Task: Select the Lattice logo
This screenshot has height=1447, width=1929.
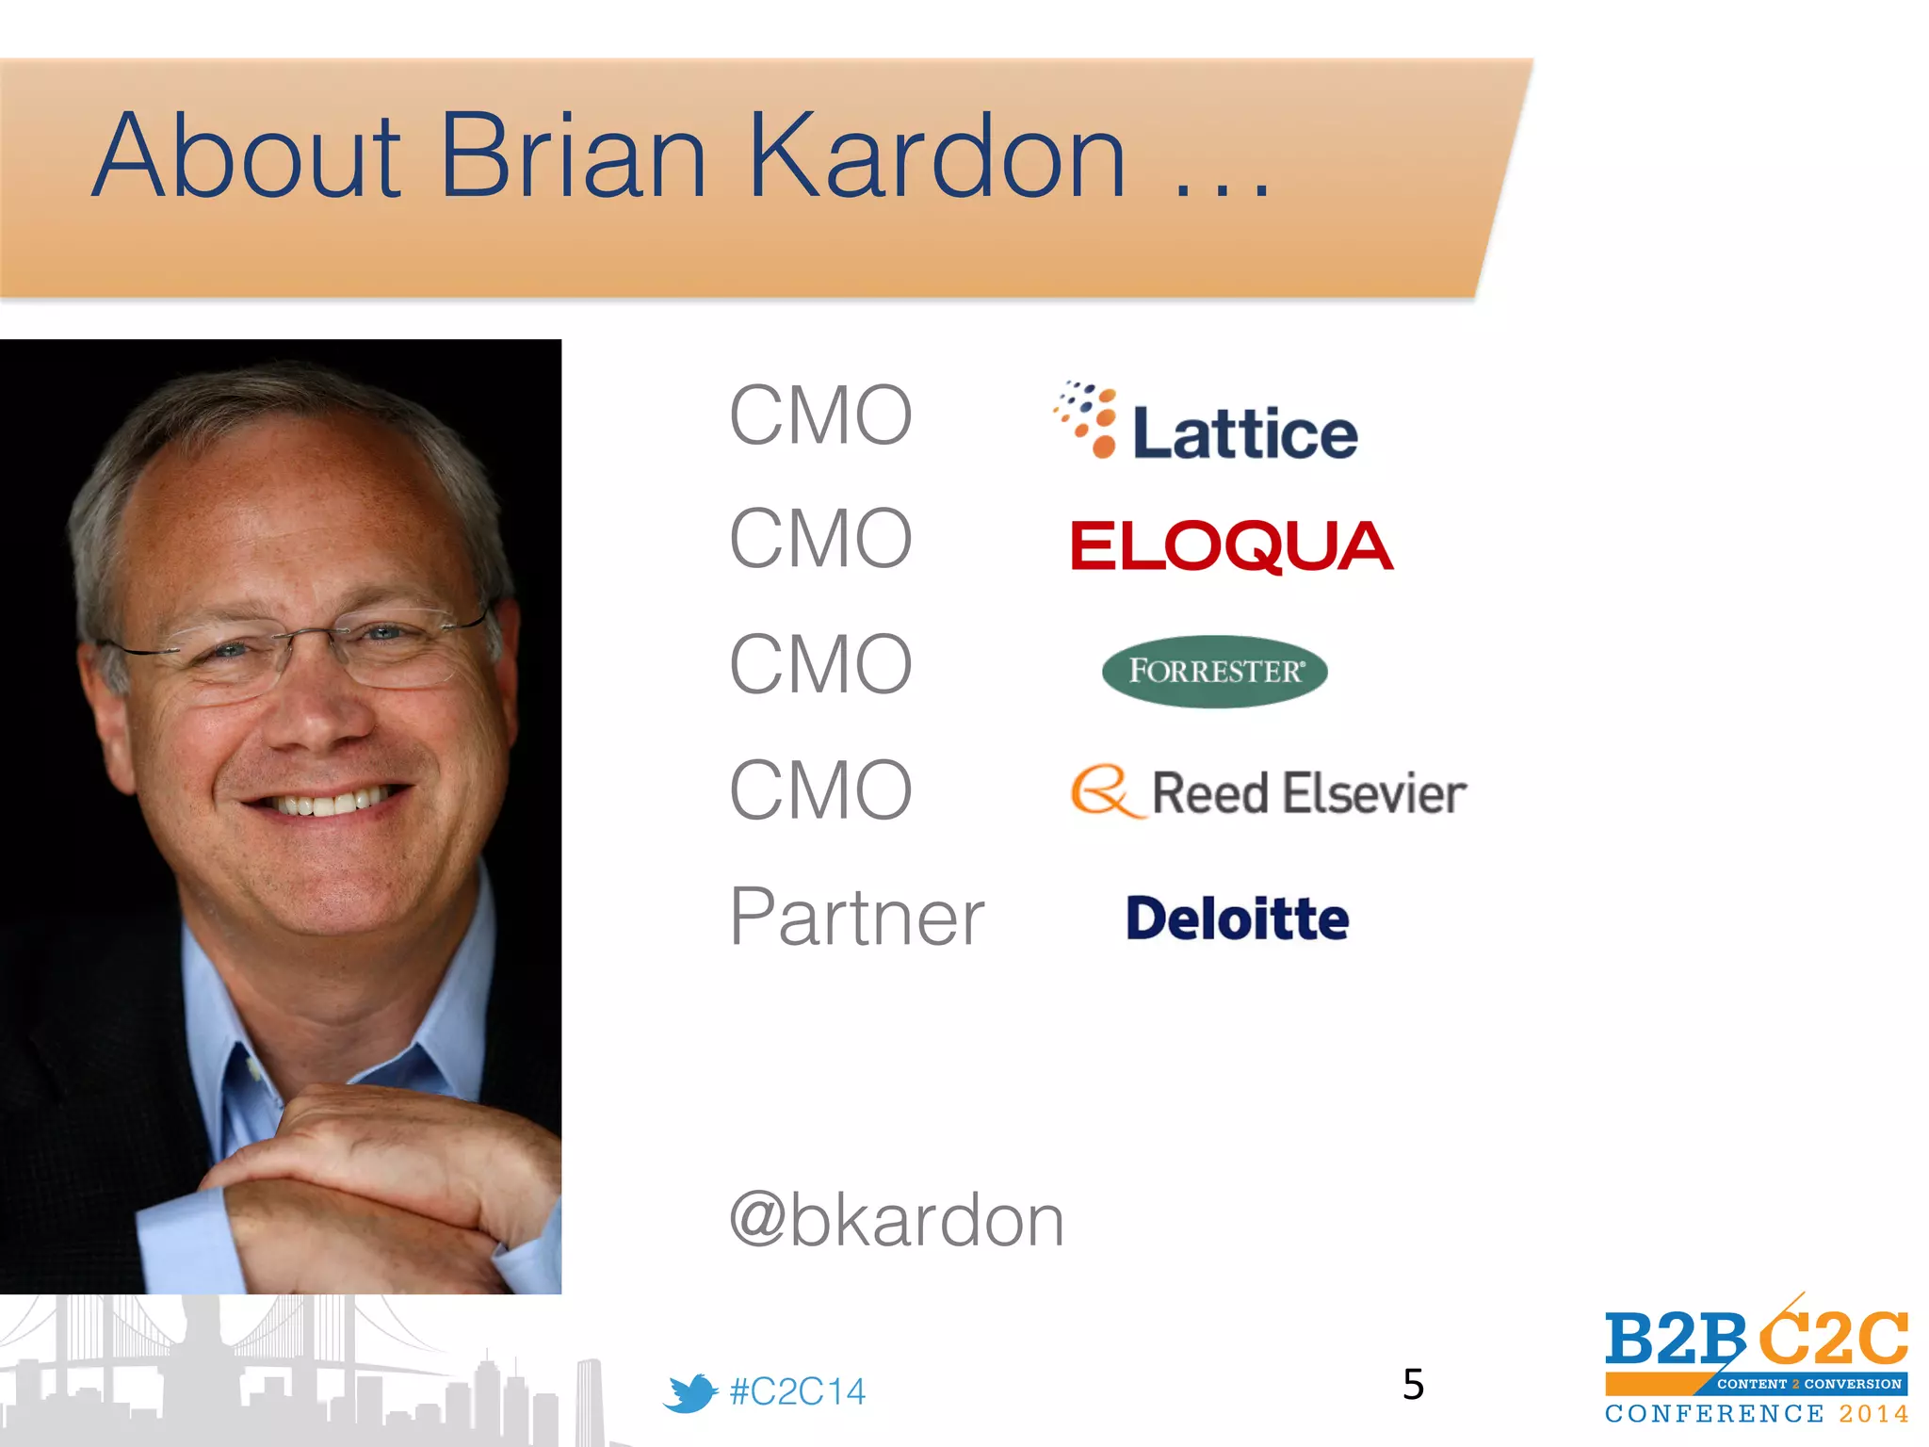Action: click(1206, 422)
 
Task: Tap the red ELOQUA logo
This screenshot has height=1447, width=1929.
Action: click(1231, 546)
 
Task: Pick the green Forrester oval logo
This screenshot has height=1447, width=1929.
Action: click(1214, 671)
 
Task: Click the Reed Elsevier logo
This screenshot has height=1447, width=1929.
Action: click(1268, 792)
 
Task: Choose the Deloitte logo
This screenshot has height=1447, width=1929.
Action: click(1237, 919)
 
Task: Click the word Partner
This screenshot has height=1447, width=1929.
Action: click(856, 917)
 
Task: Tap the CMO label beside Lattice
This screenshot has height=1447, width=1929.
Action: click(820, 415)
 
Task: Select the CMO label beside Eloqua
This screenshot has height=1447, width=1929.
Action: click(820, 539)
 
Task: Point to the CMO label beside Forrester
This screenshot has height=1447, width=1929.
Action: click(820, 664)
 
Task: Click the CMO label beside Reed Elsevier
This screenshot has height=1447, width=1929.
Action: click(820, 790)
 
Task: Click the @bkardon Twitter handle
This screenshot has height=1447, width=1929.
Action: click(896, 1220)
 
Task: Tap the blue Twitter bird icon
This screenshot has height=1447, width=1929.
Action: click(689, 1392)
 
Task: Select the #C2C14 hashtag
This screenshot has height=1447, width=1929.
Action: click(797, 1391)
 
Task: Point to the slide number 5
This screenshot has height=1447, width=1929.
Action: click(1413, 1384)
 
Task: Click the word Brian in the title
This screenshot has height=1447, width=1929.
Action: click(573, 156)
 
